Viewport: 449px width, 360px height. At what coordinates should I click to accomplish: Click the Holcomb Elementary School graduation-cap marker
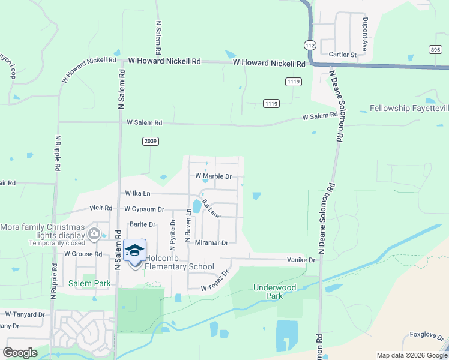(x=134, y=251)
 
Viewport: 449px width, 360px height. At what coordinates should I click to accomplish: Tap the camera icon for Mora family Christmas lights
(x=94, y=234)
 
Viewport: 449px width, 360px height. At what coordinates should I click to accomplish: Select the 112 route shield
(x=310, y=45)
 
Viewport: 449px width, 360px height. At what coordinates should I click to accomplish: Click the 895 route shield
(x=435, y=51)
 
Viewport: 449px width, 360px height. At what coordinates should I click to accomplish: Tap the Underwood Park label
(x=274, y=292)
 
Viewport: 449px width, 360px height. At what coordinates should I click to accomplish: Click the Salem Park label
(x=89, y=283)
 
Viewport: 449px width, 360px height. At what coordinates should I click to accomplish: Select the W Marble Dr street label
(x=214, y=176)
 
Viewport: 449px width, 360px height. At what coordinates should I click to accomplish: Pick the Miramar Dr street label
(x=212, y=243)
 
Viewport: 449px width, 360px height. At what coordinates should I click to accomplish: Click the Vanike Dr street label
(x=300, y=260)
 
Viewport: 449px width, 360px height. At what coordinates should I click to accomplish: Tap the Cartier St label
(x=343, y=55)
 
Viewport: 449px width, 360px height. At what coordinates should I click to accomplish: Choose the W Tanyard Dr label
(x=25, y=314)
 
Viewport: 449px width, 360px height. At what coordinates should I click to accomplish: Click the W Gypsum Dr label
(x=144, y=209)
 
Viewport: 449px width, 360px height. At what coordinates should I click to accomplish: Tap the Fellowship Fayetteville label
(x=409, y=109)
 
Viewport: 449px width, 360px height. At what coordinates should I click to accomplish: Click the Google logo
(x=20, y=353)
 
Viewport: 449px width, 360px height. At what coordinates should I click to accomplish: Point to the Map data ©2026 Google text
(x=411, y=355)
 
